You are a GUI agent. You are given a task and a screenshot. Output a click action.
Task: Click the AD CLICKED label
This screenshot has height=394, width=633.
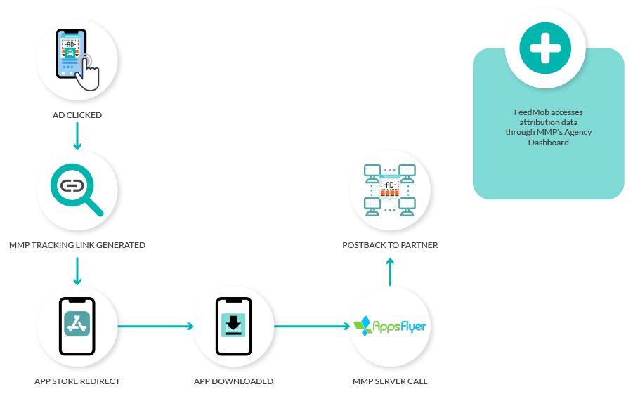click(77, 115)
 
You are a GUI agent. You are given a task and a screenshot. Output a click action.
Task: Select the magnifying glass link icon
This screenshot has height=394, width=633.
click(75, 188)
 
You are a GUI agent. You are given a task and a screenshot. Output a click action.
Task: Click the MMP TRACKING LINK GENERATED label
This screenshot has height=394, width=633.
click(77, 245)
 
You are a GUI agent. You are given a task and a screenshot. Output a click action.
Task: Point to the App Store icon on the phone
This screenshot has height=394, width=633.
click(77, 324)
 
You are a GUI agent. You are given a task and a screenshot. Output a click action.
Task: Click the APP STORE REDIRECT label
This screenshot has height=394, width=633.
click(77, 381)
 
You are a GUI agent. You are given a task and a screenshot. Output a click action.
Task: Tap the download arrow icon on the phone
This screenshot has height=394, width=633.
click(233, 324)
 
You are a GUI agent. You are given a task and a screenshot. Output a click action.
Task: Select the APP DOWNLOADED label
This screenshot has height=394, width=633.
click(233, 381)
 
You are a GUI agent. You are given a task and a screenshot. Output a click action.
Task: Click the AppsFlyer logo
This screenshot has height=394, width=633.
click(390, 326)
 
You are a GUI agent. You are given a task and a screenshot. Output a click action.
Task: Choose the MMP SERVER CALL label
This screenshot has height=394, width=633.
click(390, 381)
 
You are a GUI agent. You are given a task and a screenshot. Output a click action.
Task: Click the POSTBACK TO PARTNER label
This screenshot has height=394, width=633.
click(390, 245)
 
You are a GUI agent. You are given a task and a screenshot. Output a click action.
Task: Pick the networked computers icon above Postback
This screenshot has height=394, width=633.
click(390, 188)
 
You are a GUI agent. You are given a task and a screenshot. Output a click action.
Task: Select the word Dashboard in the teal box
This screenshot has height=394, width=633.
click(548, 143)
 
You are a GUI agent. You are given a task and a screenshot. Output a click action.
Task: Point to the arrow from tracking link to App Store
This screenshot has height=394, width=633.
click(77, 270)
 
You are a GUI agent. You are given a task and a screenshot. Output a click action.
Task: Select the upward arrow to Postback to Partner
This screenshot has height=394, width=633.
click(390, 271)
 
